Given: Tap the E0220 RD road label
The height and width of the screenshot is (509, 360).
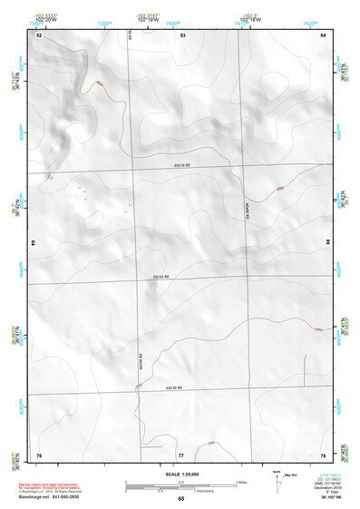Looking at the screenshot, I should (161, 277).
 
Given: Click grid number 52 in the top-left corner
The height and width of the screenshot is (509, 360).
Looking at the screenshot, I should (39, 34).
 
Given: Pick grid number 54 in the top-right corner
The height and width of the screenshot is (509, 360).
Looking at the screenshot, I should (323, 34).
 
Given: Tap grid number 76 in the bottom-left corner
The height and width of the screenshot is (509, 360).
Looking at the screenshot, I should (39, 455).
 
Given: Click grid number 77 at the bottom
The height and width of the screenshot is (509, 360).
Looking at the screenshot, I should (180, 455).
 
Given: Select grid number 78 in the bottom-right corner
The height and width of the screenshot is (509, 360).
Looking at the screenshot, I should (323, 455).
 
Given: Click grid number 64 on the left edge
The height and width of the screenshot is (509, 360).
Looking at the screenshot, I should (34, 243).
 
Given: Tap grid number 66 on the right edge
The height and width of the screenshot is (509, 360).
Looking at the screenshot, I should (327, 243).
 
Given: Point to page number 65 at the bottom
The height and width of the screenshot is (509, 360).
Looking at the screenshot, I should (180, 499).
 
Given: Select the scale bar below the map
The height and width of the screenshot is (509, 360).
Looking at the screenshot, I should (180, 486).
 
